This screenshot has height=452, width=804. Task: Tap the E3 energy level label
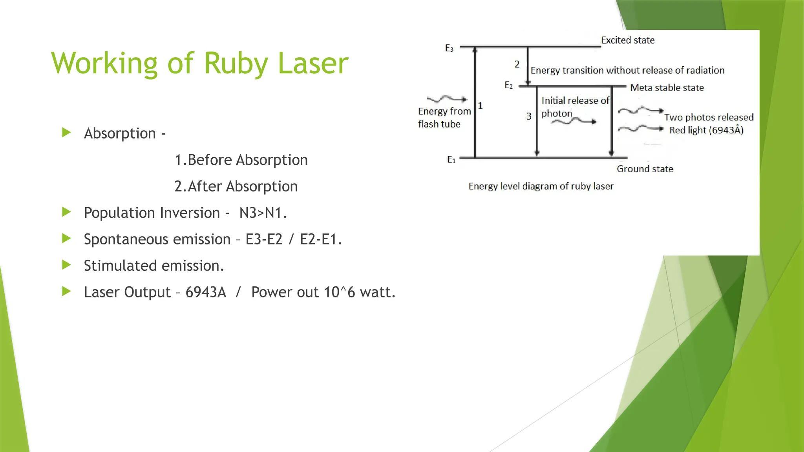pyautogui.click(x=449, y=48)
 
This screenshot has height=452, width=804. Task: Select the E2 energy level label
pyautogui.click(x=508, y=86)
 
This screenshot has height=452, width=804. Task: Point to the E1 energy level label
pyautogui.click(x=451, y=160)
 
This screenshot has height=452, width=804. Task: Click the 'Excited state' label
pyautogui.click(x=628, y=40)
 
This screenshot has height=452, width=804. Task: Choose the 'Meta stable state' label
pyautogui.click(x=667, y=88)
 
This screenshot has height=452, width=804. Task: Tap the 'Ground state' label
pyautogui.click(x=645, y=169)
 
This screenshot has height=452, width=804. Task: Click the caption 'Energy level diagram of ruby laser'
pyautogui.click(x=541, y=186)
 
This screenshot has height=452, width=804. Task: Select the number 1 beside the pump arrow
pyautogui.click(x=480, y=106)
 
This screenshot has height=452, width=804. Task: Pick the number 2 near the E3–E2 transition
pyautogui.click(x=517, y=64)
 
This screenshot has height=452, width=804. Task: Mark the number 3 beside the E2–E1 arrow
pyautogui.click(x=529, y=116)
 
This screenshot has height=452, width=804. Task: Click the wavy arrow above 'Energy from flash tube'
pyautogui.click(x=447, y=98)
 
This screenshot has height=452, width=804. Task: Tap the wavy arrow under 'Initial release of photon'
pyautogui.click(x=574, y=122)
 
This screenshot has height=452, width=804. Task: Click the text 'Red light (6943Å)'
pyautogui.click(x=706, y=130)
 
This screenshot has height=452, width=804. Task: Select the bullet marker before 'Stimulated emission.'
pyautogui.click(x=66, y=265)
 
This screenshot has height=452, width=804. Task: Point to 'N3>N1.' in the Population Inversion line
pyautogui.click(x=263, y=213)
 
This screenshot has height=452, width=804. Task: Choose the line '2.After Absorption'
pyautogui.click(x=236, y=186)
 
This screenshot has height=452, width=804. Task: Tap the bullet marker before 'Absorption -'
pyautogui.click(x=66, y=133)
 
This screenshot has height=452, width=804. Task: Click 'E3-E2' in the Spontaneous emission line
pyautogui.click(x=264, y=239)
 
